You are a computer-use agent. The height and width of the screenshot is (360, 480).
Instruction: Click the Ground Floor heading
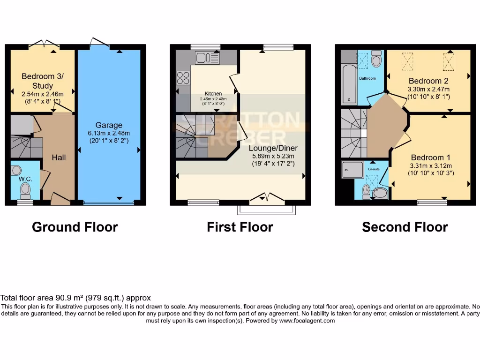(x=75, y=227)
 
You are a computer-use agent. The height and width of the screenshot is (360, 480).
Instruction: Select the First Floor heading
(x=240, y=227)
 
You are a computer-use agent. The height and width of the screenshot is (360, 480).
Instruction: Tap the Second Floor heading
(x=405, y=227)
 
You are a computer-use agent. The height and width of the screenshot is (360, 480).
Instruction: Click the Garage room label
(x=109, y=125)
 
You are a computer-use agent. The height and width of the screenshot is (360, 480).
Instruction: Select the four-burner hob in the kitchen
(x=183, y=77)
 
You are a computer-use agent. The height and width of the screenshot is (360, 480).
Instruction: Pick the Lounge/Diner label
(x=273, y=148)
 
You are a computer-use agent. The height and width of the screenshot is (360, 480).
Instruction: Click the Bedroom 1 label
(x=430, y=157)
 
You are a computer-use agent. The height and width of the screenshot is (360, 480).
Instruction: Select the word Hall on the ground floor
(x=59, y=158)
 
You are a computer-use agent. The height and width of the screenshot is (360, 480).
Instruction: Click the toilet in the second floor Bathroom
(x=376, y=60)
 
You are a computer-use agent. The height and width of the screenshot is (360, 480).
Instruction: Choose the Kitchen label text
(x=213, y=94)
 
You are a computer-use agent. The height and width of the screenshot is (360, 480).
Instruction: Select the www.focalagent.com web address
(x=307, y=321)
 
